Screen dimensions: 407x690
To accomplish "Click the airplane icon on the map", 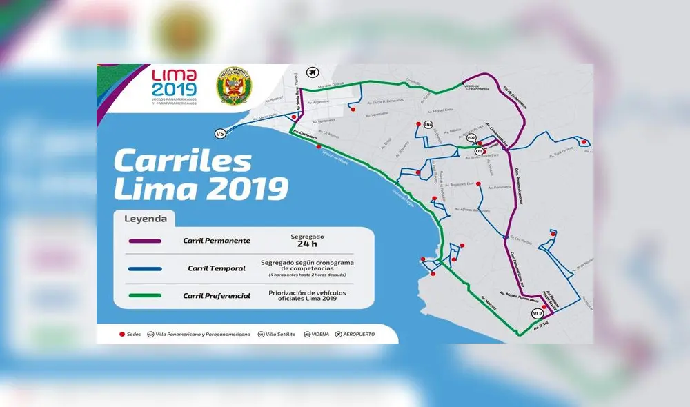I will point(314,72).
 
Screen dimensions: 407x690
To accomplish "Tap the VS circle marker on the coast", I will point(221,134).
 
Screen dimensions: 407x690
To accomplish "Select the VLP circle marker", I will point(538,313).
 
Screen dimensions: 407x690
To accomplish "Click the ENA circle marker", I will point(428,125).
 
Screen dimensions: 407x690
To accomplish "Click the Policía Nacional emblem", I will point(235,86).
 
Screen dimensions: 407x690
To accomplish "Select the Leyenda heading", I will point(145,219).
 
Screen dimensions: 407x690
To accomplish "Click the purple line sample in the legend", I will point(145,241).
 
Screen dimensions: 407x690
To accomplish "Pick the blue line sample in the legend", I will point(145,268).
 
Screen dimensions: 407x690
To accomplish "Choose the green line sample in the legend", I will point(145,295).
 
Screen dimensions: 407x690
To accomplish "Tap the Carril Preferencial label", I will point(217,296).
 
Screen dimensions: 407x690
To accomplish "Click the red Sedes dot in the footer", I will point(122,334).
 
